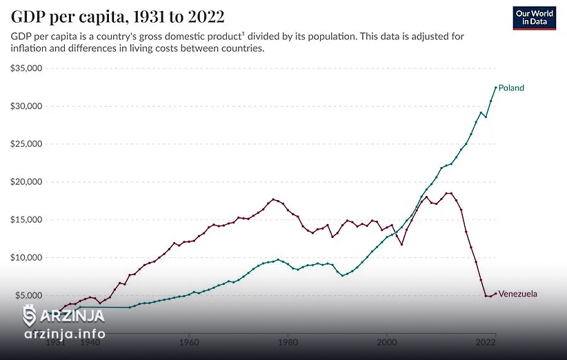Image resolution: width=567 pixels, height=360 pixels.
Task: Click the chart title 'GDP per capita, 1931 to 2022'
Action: coord(117,16)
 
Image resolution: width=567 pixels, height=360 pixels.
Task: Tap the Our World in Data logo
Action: coord(535,17)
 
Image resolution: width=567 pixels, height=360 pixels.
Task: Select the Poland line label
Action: coord(511,88)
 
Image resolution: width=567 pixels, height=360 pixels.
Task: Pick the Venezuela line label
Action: coord(517,294)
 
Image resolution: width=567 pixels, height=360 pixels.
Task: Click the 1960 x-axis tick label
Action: coord(188,341)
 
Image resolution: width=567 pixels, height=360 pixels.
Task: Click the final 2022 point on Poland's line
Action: coord(495,87)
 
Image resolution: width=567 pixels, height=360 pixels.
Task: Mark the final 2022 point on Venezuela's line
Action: coord(495,293)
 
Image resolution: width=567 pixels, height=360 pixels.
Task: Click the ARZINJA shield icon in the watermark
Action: coord(30,316)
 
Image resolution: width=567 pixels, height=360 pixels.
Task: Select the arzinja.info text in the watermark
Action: coord(65,334)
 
